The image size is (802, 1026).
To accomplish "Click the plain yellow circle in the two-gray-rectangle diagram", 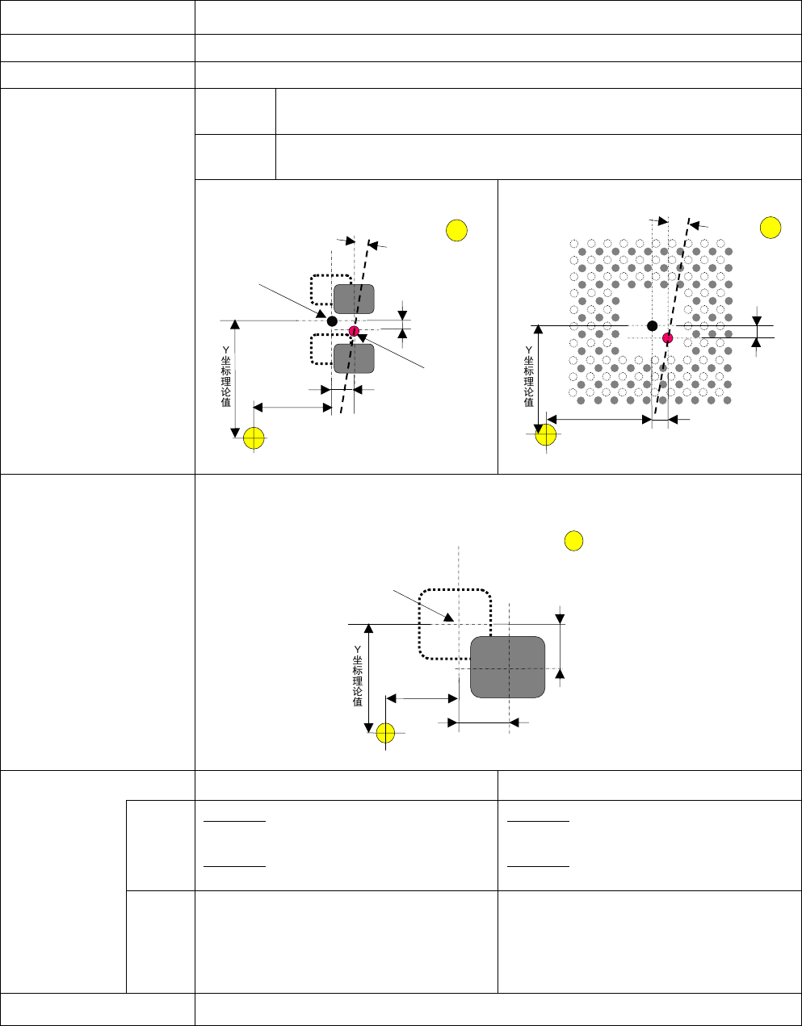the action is pyautogui.click(x=457, y=230).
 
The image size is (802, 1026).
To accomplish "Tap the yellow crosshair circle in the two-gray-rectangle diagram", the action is pyautogui.click(x=254, y=438).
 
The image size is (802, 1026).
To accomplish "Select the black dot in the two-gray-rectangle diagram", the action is pyautogui.click(x=332, y=321).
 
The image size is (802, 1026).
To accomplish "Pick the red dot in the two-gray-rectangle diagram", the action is pyautogui.click(x=354, y=330).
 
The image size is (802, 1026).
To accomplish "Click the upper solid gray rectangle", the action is pyautogui.click(x=355, y=299).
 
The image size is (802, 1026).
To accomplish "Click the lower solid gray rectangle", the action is pyautogui.click(x=355, y=358).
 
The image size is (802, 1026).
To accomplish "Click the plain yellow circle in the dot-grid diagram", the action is pyautogui.click(x=771, y=228).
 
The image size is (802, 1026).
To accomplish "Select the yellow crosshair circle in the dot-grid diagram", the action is pyautogui.click(x=546, y=434).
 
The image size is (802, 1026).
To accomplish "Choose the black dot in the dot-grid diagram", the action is pyautogui.click(x=653, y=325).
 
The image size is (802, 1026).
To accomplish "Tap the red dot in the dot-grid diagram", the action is pyautogui.click(x=667, y=338).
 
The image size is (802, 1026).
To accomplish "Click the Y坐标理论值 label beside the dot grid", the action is pyautogui.click(x=529, y=376).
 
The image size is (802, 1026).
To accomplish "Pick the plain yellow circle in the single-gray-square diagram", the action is pyautogui.click(x=573, y=541).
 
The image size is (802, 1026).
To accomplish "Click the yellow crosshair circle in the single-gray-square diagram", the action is pyautogui.click(x=385, y=732).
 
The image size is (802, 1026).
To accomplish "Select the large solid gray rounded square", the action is pyautogui.click(x=508, y=667).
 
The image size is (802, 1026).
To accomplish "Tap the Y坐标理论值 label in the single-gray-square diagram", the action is pyautogui.click(x=357, y=676).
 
